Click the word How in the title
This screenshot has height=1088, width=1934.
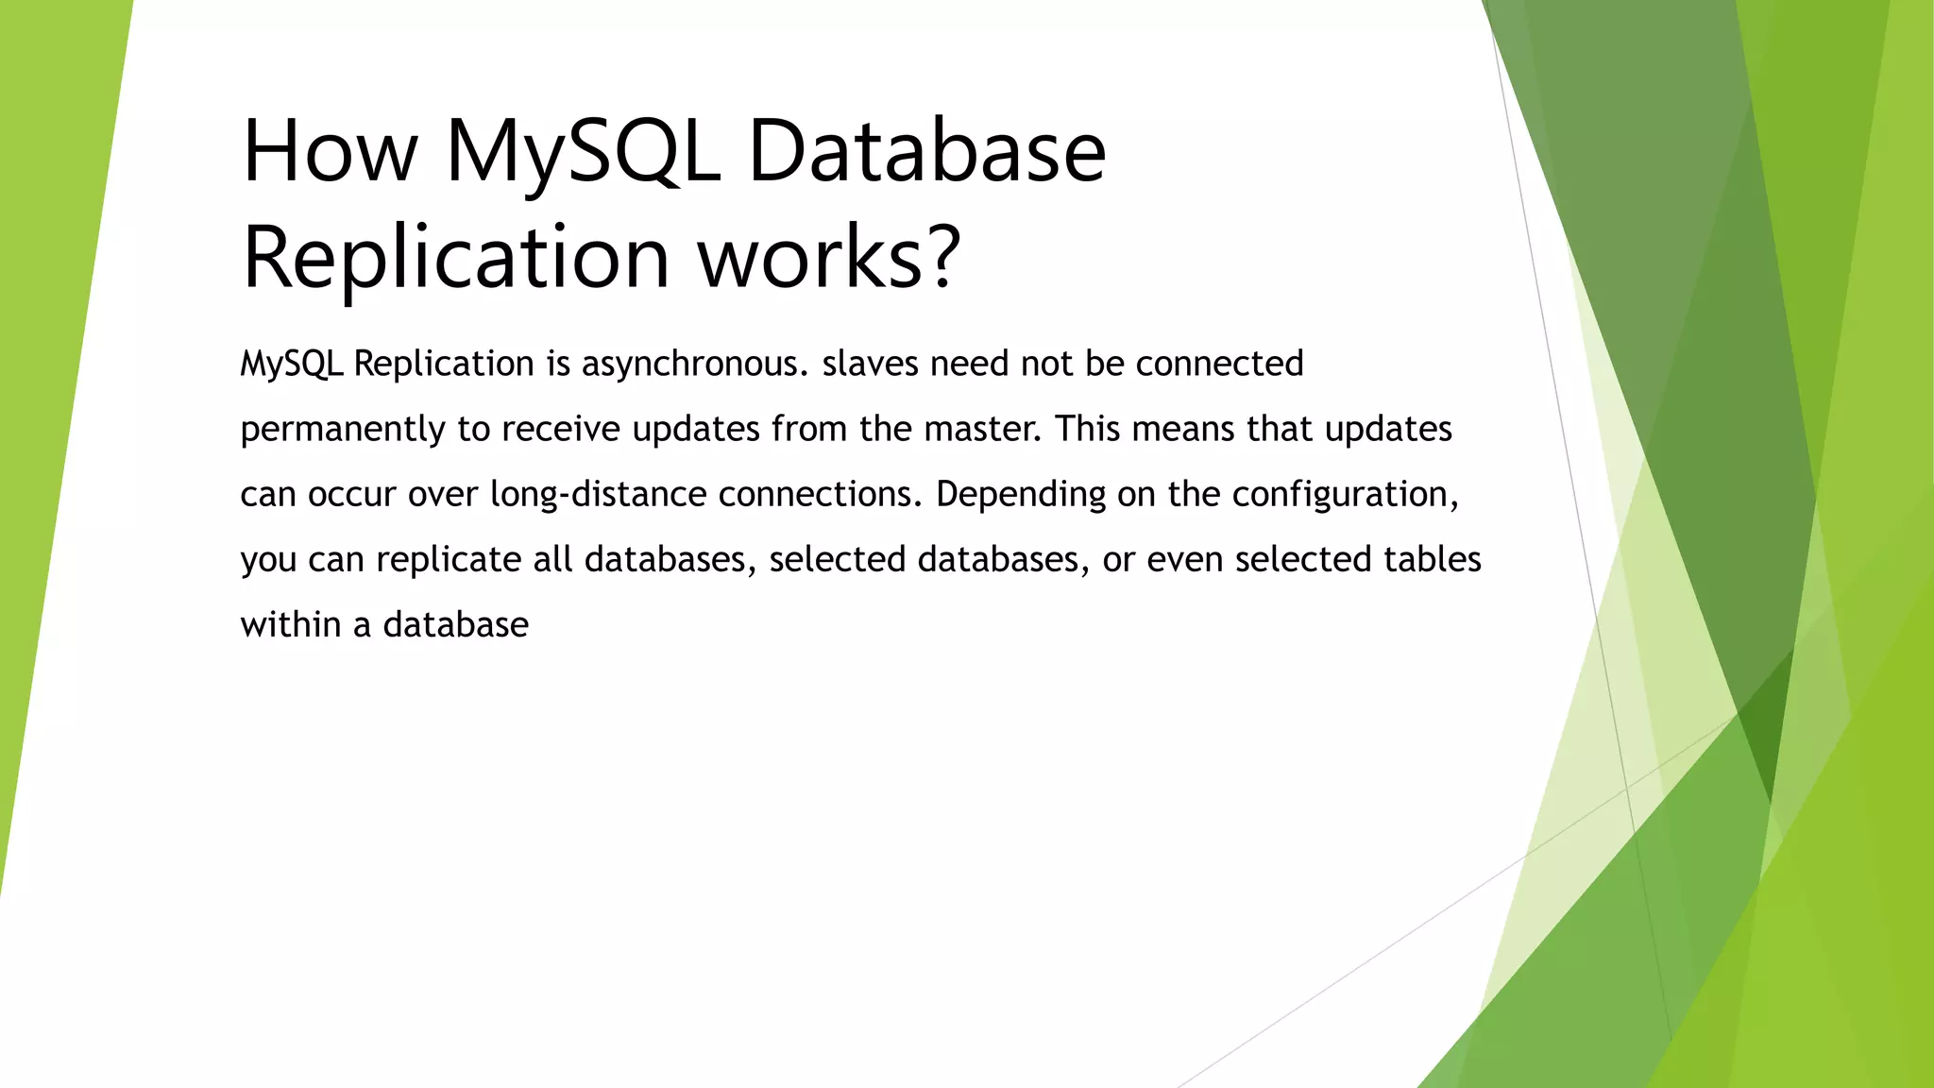click(x=330, y=151)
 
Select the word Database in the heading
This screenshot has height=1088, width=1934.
click(x=926, y=151)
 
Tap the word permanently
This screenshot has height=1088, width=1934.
click(x=342, y=430)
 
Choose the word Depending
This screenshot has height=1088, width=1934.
click(x=1021, y=495)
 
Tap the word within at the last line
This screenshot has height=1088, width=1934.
click(x=290, y=625)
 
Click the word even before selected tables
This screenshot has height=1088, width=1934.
click(x=1184, y=560)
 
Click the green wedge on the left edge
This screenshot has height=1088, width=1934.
click(x=47, y=378)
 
